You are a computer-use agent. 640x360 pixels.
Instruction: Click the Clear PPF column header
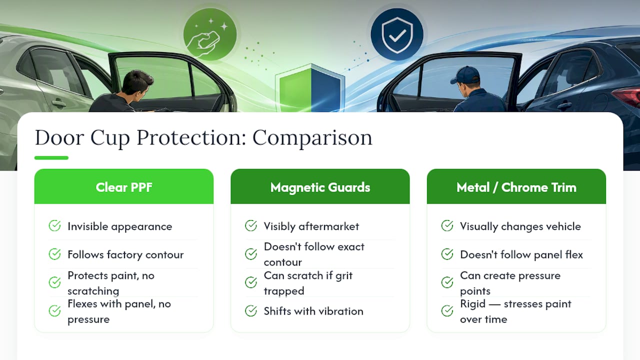click(x=123, y=187)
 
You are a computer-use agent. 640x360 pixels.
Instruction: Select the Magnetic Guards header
click(x=320, y=187)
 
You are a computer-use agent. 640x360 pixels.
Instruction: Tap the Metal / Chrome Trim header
click(x=516, y=187)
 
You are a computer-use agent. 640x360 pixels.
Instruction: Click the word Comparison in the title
click(x=312, y=138)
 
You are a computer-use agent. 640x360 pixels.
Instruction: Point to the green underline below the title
click(x=51, y=157)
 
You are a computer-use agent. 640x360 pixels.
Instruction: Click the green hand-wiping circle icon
click(x=210, y=34)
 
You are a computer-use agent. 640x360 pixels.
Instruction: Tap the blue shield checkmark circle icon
click(x=397, y=34)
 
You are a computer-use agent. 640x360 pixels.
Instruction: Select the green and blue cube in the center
click(x=310, y=89)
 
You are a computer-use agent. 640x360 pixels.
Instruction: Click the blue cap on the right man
click(x=465, y=75)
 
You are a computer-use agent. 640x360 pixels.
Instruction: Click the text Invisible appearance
click(x=119, y=226)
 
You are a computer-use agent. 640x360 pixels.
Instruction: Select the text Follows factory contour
click(x=125, y=254)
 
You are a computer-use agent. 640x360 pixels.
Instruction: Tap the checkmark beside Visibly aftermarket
click(x=251, y=225)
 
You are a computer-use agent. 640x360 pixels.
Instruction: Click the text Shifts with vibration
click(x=313, y=311)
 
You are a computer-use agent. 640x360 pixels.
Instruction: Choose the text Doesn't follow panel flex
click(x=521, y=254)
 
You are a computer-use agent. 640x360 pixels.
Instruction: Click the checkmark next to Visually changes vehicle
click(x=447, y=225)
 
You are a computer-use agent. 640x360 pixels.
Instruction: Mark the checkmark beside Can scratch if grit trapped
click(x=251, y=282)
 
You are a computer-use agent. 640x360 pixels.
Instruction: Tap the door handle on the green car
click(x=58, y=102)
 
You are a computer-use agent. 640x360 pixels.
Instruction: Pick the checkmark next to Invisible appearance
click(x=54, y=225)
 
